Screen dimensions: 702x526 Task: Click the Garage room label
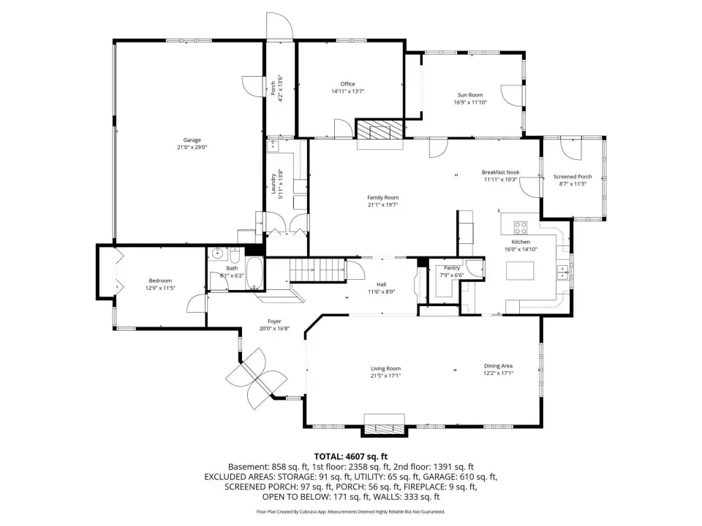coord(192,140)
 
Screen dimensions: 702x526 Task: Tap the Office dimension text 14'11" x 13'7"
coord(348,91)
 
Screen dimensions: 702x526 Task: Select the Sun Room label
coord(470,95)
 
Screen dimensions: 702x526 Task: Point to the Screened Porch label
coord(573,177)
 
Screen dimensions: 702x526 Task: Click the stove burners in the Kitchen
coord(520,228)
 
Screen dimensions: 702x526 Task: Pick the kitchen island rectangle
coord(520,271)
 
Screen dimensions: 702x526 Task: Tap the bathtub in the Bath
coord(255,273)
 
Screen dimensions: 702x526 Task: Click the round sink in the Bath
coord(218,254)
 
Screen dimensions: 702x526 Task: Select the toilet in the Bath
coord(235,256)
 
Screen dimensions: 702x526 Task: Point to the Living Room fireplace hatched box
coord(384,430)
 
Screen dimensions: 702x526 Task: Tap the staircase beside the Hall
coord(317,270)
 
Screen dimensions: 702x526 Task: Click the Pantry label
coord(452,268)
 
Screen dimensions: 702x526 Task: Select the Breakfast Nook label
coord(500,172)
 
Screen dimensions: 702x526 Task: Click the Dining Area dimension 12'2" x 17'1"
coord(498,373)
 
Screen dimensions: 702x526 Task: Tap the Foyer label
coord(274,321)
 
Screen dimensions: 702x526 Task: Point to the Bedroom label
coord(160,281)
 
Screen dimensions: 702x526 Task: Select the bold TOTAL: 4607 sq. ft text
coord(350,457)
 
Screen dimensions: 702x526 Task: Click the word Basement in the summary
coord(248,467)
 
